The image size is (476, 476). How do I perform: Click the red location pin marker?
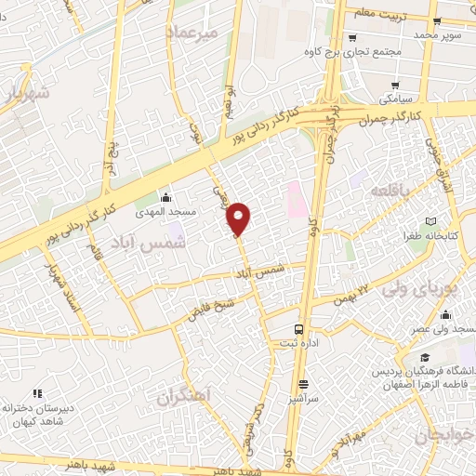(239, 219)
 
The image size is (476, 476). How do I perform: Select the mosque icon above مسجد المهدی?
(165, 197)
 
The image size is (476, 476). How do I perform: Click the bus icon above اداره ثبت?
(298, 329)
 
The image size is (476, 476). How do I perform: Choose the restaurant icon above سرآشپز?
(304, 384)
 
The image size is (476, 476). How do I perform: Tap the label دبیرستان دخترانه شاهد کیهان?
(40, 414)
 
